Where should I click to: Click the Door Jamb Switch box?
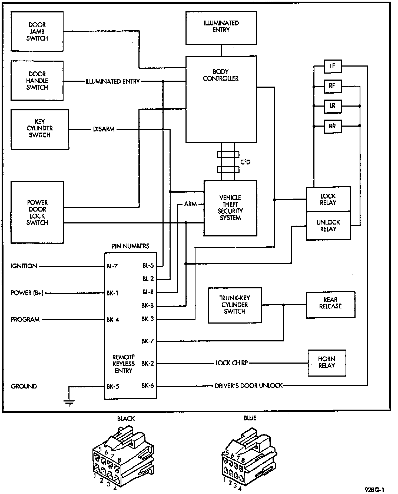tap(37, 31)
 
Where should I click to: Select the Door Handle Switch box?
tap(37, 81)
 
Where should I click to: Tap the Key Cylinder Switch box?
tap(40, 129)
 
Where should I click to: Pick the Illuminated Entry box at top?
tap(221, 28)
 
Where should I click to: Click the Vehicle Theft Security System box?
tap(230, 208)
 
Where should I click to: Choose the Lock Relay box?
tap(328, 199)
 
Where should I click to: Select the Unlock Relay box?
tap(328, 226)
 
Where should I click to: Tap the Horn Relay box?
tap(327, 363)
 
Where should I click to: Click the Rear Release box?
tap(330, 305)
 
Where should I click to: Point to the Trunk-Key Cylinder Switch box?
tap(235, 305)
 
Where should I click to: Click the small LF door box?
tap(333, 66)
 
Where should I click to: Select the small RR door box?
tap(333, 126)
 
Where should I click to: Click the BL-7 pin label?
tap(112, 266)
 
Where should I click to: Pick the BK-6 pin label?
tap(148, 386)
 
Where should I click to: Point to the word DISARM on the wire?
tap(104, 129)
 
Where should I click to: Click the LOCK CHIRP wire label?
tap(232, 363)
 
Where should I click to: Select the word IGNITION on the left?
tap(24, 266)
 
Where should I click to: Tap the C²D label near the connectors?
tap(246, 162)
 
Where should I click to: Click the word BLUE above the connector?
tap(250, 418)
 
